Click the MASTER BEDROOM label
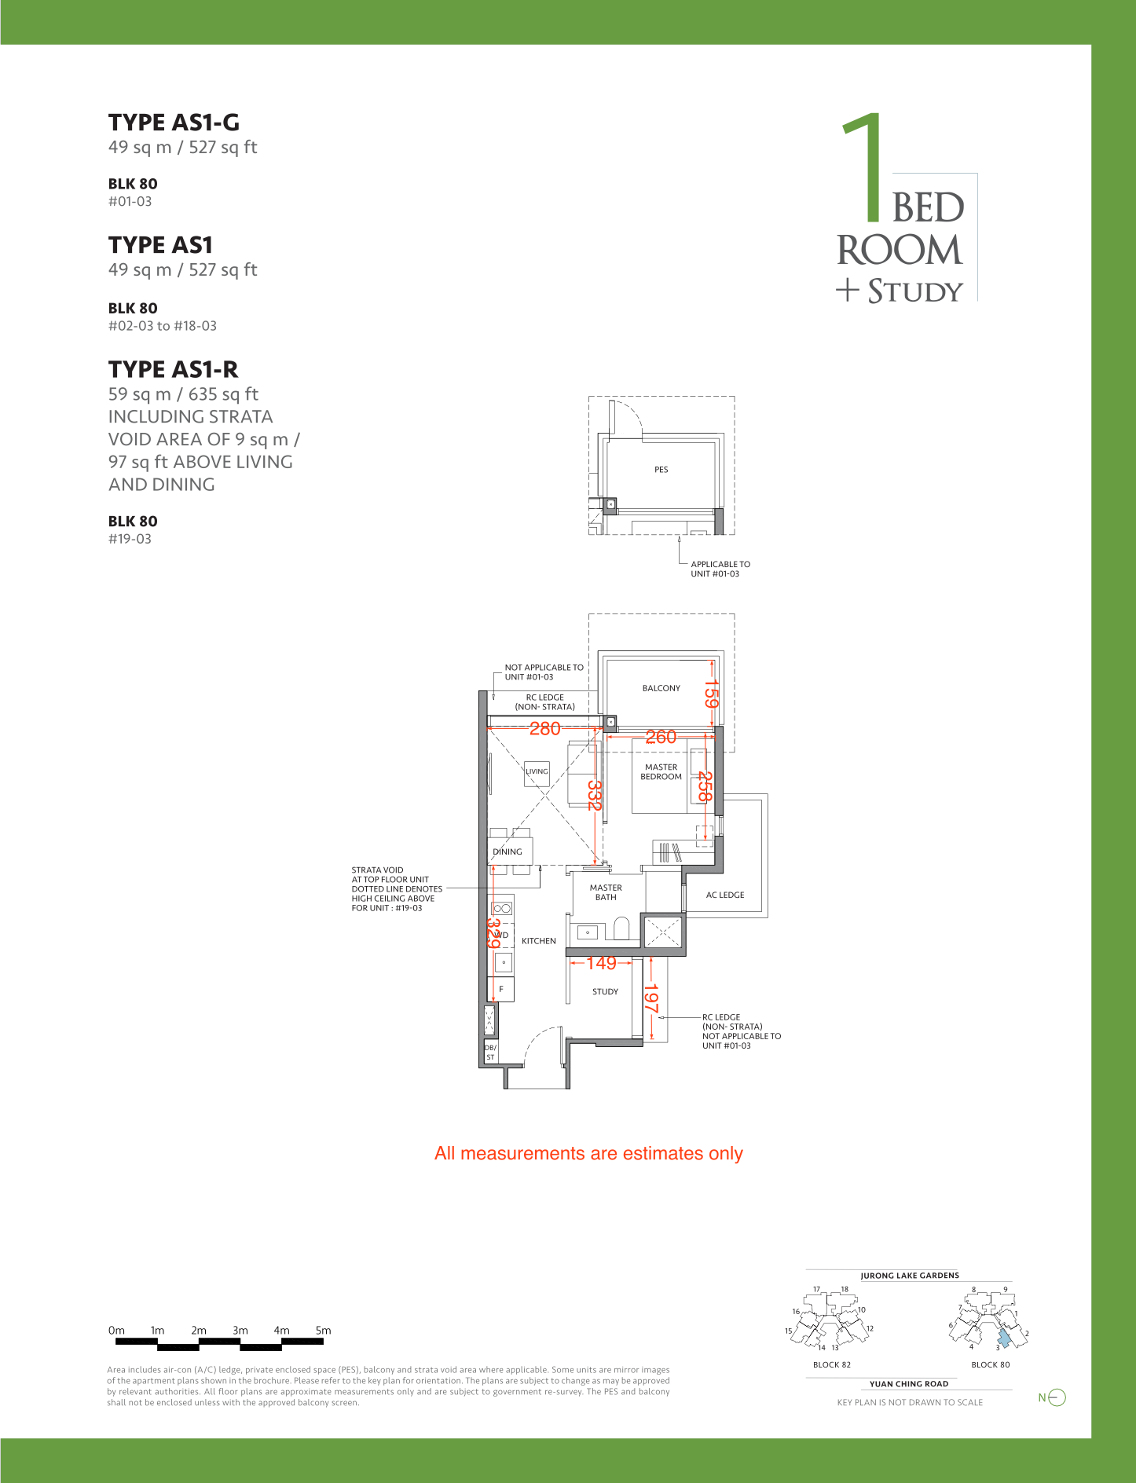click(x=661, y=772)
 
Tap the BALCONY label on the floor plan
click(x=661, y=688)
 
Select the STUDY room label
click(x=605, y=991)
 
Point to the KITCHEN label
click(x=539, y=941)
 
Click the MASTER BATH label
click(x=606, y=892)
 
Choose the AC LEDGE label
click(x=725, y=895)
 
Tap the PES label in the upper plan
click(x=661, y=470)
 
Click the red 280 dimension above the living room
click(x=544, y=729)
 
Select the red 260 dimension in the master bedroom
click(x=661, y=737)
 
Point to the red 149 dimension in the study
click(x=601, y=963)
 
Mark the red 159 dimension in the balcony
click(x=711, y=694)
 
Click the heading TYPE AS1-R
click(x=173, y=369)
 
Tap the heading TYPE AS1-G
click(x=174, y=123)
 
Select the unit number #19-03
click(x=130, y=539)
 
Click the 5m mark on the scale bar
click(x=323, y=1331)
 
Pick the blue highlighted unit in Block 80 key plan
click(x=1004, y=1338)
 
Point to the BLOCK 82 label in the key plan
click(x=832, y=1364)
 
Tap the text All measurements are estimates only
click(x=588, y=1153)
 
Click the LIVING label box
click(x=537, y=773)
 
